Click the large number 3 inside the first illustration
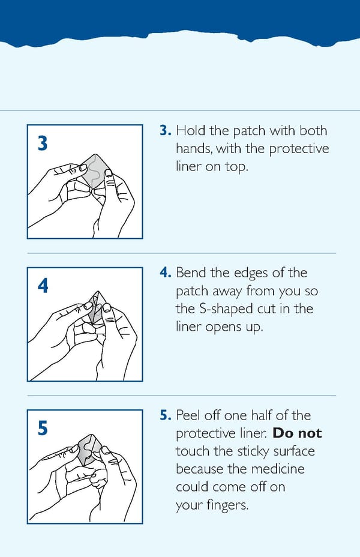42,143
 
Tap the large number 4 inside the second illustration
43,286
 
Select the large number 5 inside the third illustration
43,428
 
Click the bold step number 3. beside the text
166,130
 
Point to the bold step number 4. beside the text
166,272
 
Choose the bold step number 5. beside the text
166,415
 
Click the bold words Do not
297,433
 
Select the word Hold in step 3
191,130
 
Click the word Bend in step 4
191,272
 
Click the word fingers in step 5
227,505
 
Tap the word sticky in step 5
253,451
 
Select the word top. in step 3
236,167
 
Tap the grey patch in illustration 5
88,448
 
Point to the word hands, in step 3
194,148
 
